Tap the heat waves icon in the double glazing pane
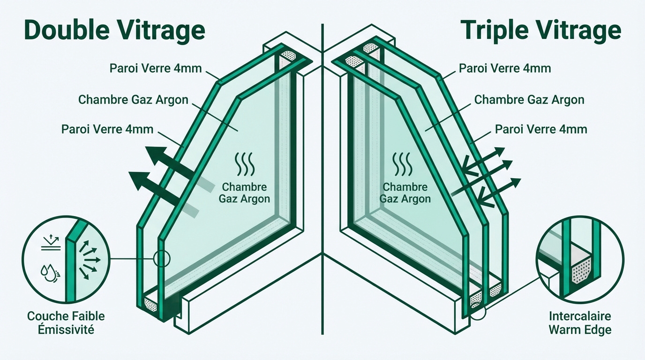(244, 165)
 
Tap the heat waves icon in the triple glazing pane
(402, 165)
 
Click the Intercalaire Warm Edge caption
(580, 322)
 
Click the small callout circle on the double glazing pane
(162, 258)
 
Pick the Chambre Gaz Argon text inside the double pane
(244, 193)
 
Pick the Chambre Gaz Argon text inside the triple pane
(405, 193)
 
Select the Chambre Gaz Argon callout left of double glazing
(133, 99)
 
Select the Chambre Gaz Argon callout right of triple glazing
(529, 99)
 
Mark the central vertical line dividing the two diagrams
(322, 187)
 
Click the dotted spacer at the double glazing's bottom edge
(151, 305)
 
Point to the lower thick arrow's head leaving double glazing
(139, 180)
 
